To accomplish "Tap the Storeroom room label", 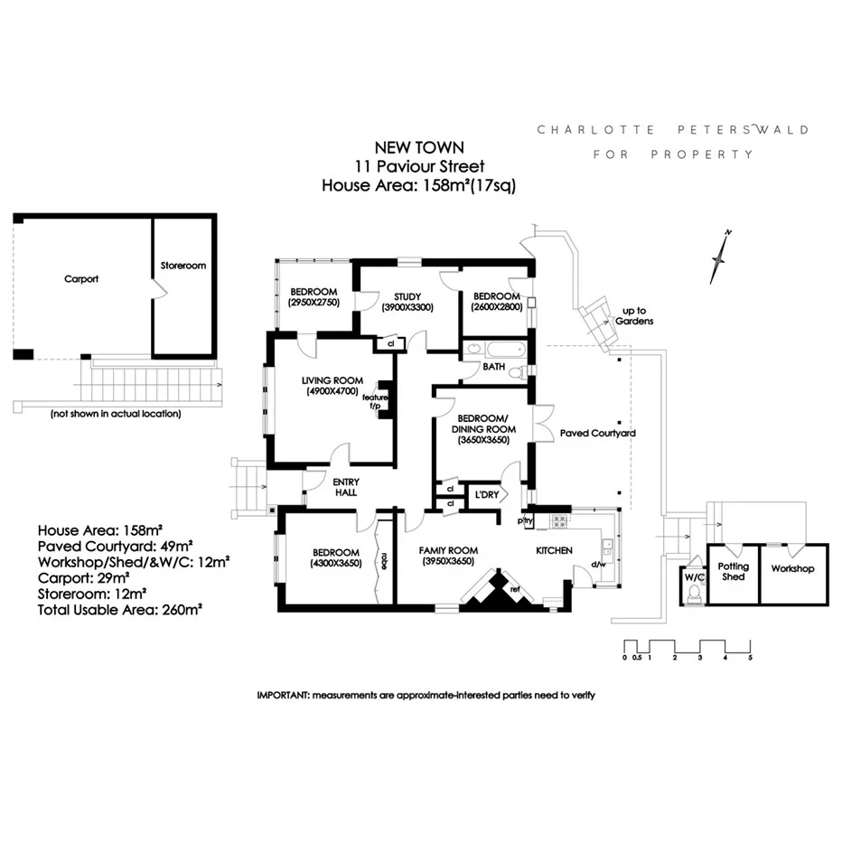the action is click(183, 267).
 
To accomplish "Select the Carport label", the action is click(81, 279).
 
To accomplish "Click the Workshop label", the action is click(792, 569).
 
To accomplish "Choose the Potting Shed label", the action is click(734, 572).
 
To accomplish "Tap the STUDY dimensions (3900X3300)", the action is click(408, 307).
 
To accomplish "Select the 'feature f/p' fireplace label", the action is click(375, 402).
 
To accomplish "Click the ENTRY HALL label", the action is click(345, 487).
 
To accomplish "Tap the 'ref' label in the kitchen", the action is click(515, 589).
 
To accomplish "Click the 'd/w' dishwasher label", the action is click(598, 566).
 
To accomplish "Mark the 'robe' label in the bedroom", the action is click(384, 561).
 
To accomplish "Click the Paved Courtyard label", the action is click(598, 434).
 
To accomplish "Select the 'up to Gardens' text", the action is click(633, 315).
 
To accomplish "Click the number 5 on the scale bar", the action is click(750, 658).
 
